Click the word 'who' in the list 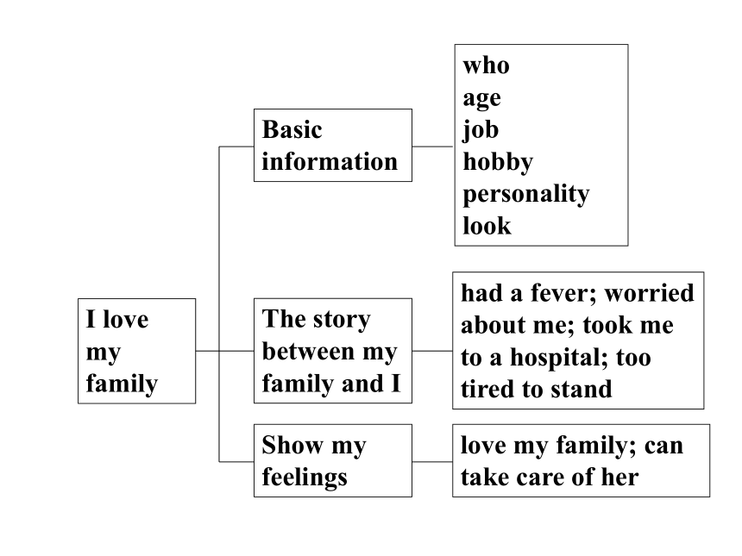[486, 66]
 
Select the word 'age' [481, 99]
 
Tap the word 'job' [481, 130]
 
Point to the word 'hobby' [498, 163]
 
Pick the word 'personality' [526, 195]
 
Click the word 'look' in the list [487, 226]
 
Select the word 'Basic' [292, 129]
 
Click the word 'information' [330, 162]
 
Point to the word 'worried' [650, 293]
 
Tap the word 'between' [309, 352]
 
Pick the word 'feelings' [305, 478]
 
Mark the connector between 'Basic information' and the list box [432, 147]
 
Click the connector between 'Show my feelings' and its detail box [432, 461]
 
